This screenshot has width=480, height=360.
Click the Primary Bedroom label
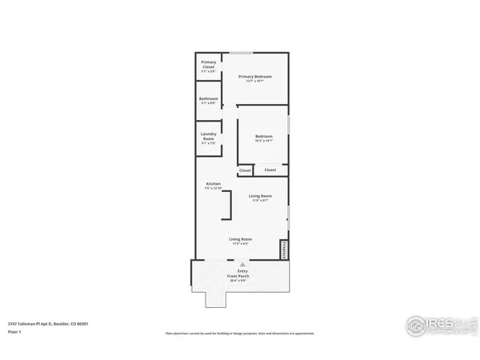click(255, 76)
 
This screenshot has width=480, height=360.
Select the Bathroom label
click(208, 100)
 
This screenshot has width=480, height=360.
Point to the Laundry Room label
click(208, 137)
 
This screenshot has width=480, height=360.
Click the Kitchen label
click(213, 184)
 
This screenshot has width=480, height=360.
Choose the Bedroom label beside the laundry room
click(264, 137)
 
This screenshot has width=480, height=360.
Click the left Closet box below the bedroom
click(245, 170)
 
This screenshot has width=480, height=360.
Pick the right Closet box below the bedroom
click(270, 170)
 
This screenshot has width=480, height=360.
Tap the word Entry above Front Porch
click(242, 271)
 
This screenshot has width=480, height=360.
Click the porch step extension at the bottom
click(217, 298)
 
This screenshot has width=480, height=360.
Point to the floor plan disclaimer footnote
click(240, 332)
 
